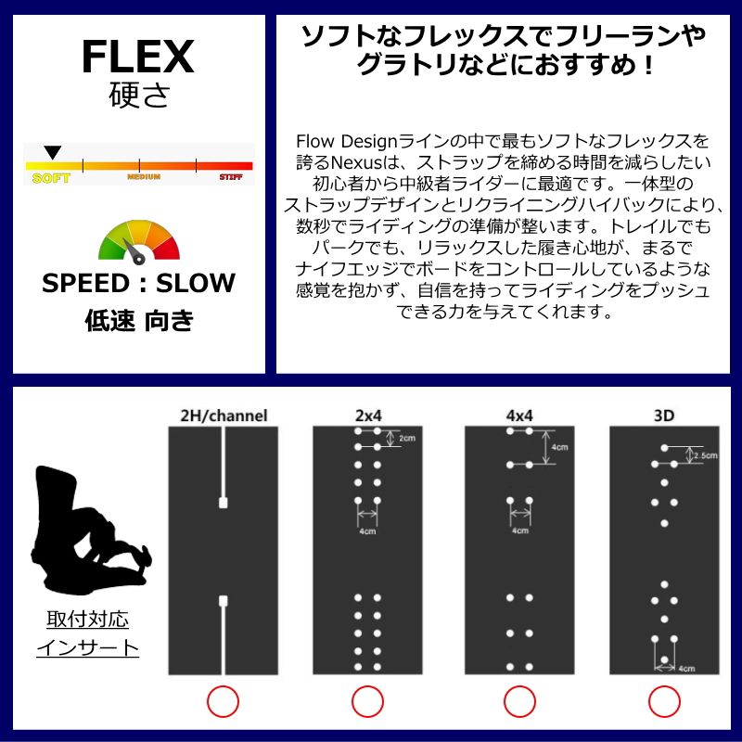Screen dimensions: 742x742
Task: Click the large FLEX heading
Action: tap(137, 58)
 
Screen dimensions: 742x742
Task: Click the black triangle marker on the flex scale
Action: tap(53, 152)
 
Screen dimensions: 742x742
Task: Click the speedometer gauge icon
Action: tap(138, 240)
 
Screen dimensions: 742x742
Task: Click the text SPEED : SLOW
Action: tap(138, 283)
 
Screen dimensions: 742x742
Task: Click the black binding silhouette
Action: tap(87, 529)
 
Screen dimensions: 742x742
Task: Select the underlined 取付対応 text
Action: tap(87, 619)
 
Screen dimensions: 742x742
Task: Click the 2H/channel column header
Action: tap(224, 416)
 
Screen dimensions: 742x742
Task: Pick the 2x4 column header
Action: tap(368, 416)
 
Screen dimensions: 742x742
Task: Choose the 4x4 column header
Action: tap(518, 416)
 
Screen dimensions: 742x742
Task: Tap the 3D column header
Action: tap(664, 416)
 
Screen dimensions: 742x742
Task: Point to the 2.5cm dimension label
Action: tap(707, 455)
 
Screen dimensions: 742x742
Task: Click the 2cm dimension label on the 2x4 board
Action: tap(407, 439)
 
